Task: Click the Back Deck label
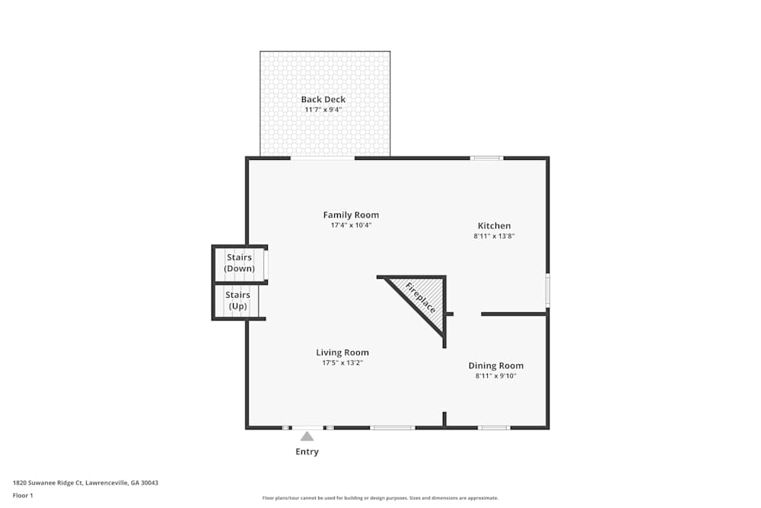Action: pos(323,99)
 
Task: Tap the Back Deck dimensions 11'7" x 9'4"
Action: pos(323,110)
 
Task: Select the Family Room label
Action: pos(351,215)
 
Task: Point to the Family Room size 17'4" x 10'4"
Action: pos(351,225)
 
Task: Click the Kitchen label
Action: pos(494,225)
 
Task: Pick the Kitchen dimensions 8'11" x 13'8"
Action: pos(494,236)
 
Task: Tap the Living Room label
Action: pos(342,353)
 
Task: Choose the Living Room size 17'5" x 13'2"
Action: pos(342,363)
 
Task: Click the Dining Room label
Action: pos(495,366)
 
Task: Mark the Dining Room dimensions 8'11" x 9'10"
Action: pos(495,376)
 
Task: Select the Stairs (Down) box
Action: pos(239,264)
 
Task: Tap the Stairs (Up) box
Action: pos(237,301)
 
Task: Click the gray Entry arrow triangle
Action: pos(307,436)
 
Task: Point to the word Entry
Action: pos(307,452)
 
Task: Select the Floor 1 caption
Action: pos(23,495)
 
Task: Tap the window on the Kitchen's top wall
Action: pos(486,158)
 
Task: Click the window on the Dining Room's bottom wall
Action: pos(494,427)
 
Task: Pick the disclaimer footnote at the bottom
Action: pos(380,498)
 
